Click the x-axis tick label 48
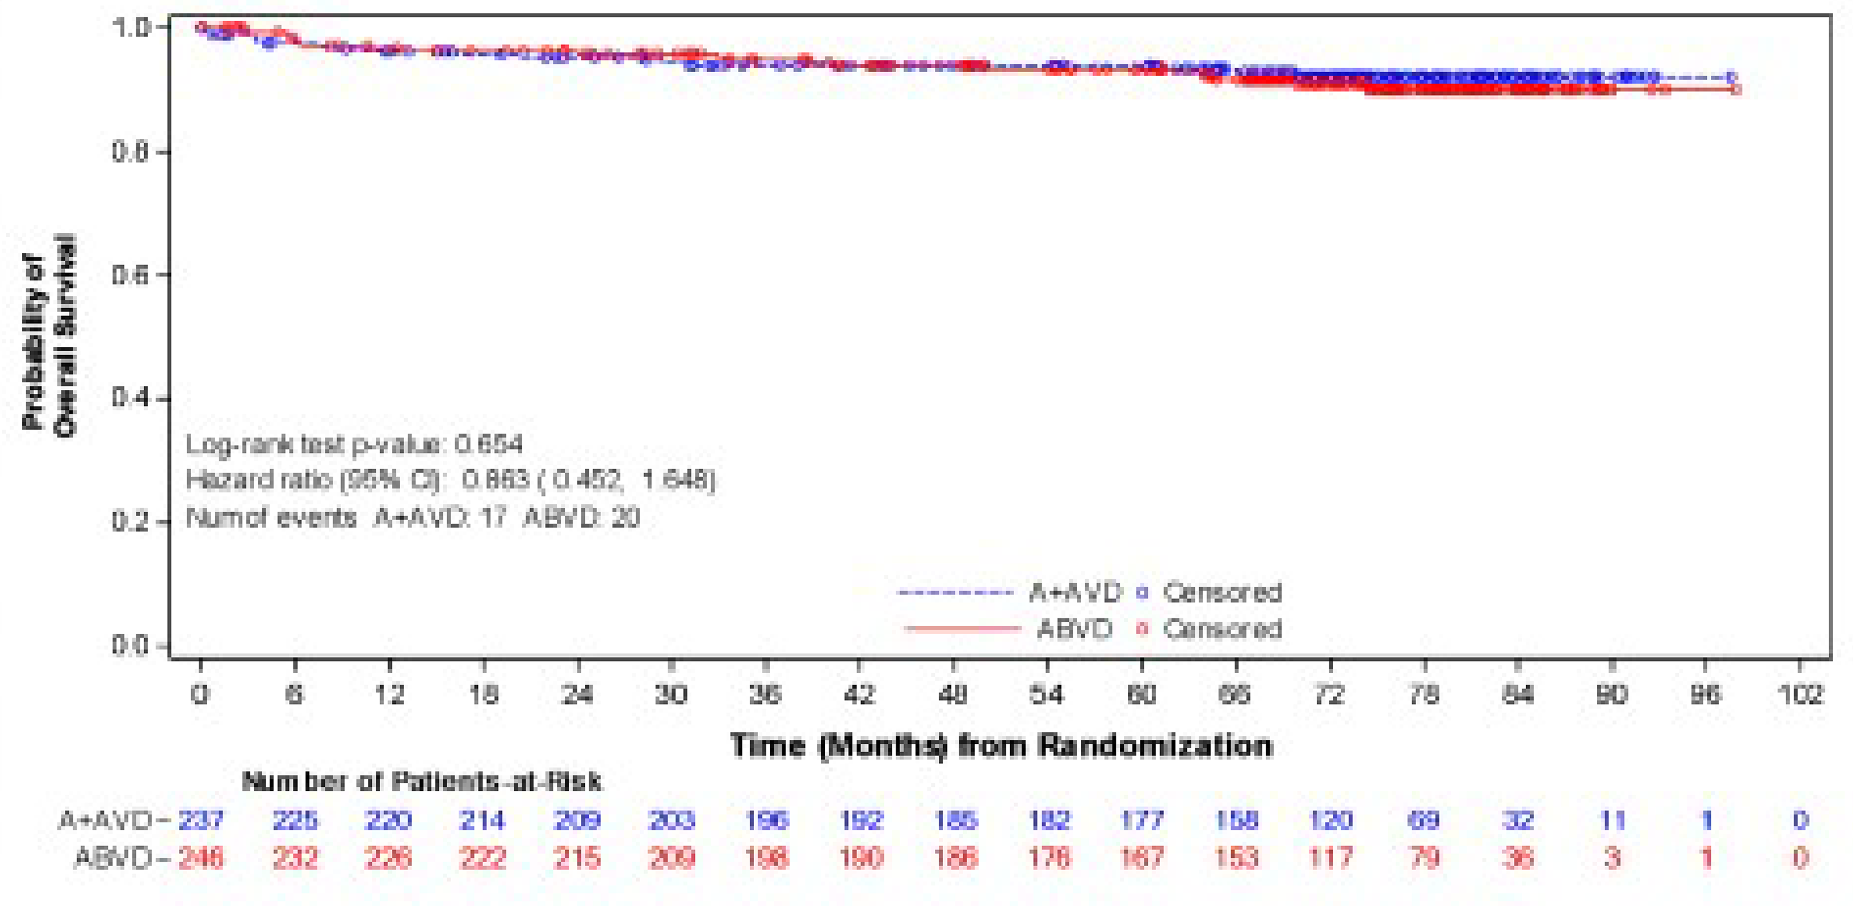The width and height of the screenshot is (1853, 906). click(953, 694)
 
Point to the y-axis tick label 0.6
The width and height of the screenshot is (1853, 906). click(130, 275)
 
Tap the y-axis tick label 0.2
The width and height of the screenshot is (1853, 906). click(130, 522)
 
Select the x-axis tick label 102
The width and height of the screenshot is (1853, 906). click(1800, 694)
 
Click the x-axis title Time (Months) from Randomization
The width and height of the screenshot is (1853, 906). click(1001, 746)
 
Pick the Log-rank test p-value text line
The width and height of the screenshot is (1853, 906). click(354, 445)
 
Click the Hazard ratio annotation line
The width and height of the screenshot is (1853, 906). click(450, 480)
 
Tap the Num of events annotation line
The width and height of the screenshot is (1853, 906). click(413, 517)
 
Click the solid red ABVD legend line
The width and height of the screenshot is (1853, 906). click(963, 629)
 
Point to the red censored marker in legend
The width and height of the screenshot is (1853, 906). click(1141, 629)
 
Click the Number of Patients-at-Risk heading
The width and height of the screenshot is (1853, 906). click(421, 782)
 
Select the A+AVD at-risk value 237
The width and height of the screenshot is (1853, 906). click(201, 820)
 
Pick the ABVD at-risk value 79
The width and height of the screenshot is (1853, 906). click(1424, 858)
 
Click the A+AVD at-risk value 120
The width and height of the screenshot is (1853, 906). click(1331, 820)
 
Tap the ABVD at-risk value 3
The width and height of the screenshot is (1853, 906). click(1612, 858)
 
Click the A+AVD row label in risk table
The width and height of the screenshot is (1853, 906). click(106, 820)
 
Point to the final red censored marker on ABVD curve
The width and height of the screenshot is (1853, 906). click(1737, 89)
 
